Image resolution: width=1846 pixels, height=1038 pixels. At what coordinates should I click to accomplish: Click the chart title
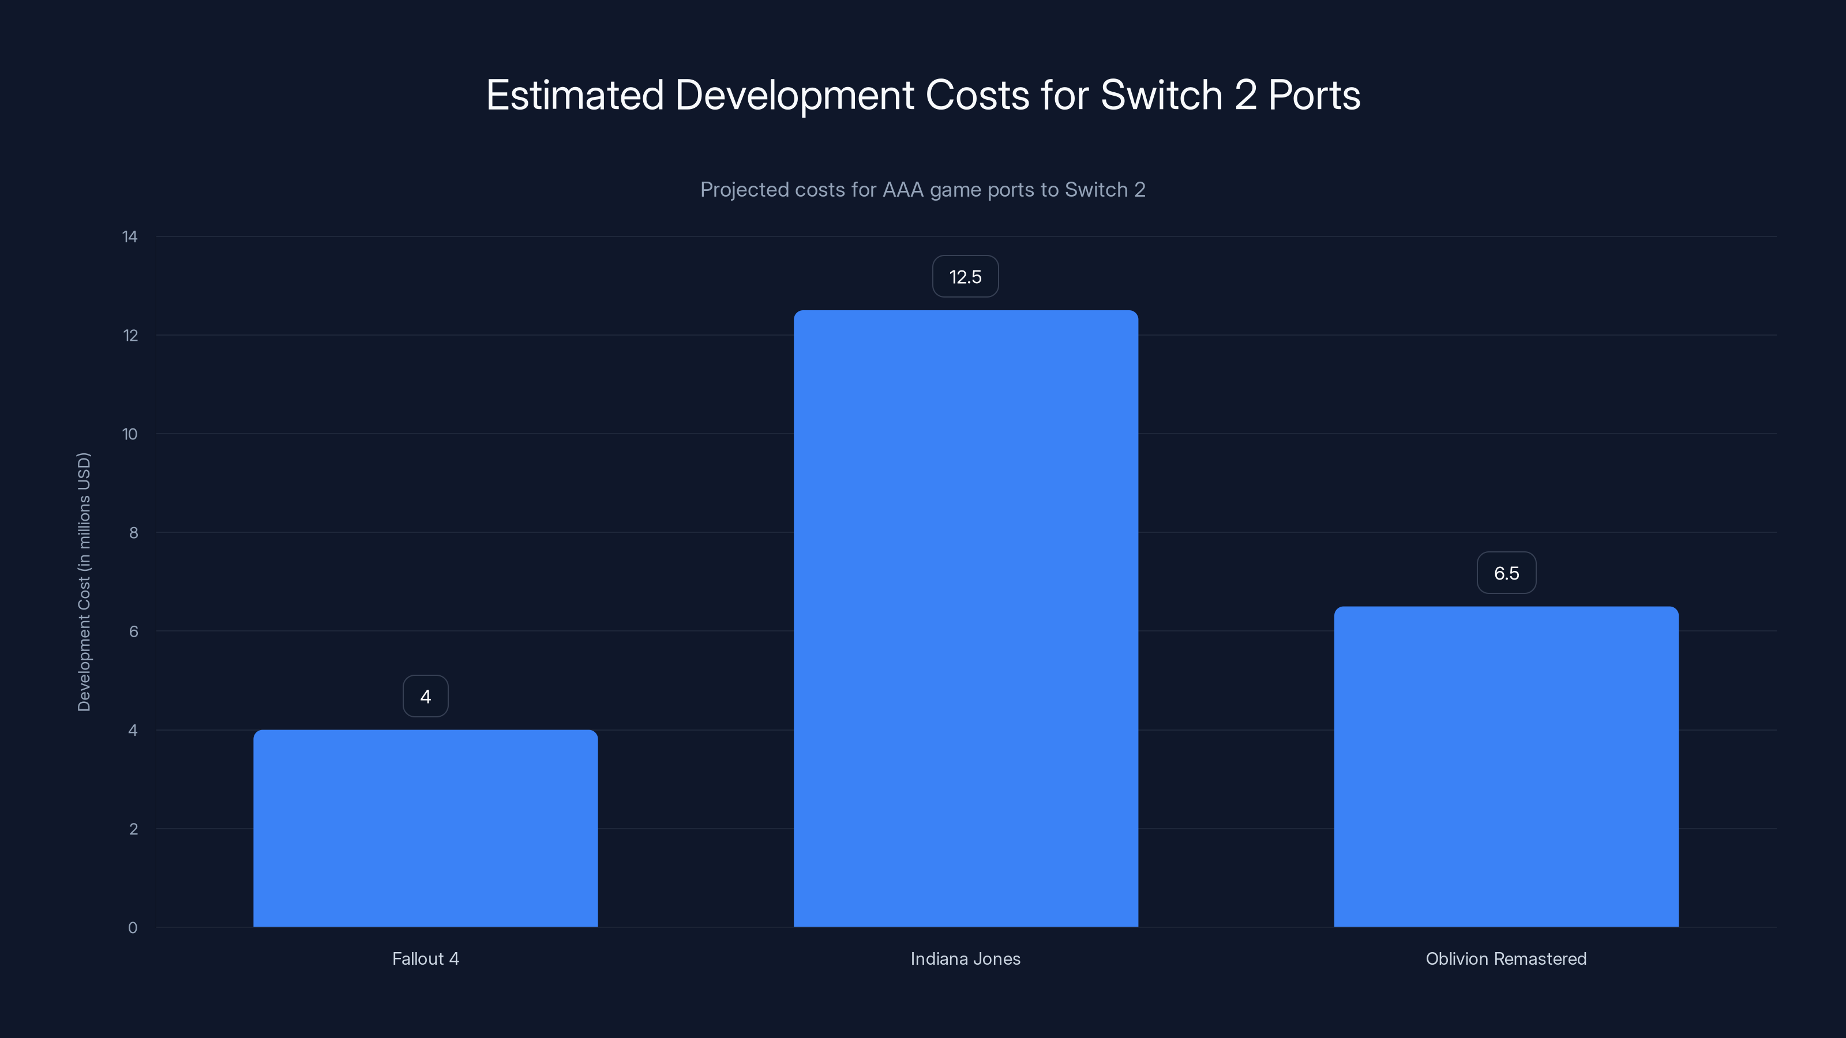(x=923, y=95)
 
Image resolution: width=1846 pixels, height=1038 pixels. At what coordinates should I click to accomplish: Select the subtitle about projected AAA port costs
(x=923, y=190)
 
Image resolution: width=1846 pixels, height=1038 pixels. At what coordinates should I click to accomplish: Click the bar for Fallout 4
(x=426, y=829)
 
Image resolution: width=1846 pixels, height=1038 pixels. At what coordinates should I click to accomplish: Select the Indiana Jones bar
(x=965, y=619)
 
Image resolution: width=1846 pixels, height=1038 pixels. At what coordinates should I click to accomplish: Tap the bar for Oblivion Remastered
(x=1506, y=766)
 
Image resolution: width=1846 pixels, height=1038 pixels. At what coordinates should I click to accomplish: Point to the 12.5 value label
(x=965, y=277)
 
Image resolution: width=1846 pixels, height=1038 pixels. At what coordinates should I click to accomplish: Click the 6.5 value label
(x=1506, y=573)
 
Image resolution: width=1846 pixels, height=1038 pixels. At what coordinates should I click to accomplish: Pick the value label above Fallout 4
(x=426, y=696)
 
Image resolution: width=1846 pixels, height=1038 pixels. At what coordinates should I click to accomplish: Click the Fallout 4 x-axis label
(x=426, y=959)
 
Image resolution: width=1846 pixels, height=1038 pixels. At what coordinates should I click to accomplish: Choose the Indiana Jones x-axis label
(x=965, y=959)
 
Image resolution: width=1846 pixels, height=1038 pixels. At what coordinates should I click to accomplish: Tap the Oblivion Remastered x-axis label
(x=1506, y=959)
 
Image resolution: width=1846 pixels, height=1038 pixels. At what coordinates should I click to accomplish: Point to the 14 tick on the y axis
(x=130, y=237)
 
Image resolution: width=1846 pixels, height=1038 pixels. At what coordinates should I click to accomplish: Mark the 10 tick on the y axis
(x=130, y=434)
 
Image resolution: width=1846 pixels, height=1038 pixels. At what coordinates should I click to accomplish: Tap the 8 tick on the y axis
(x=133, y=533)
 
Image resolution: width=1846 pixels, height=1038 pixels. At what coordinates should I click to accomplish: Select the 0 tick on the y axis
(x=133, y=928)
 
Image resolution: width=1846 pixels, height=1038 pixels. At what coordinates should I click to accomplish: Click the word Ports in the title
(x=1314, y=95)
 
